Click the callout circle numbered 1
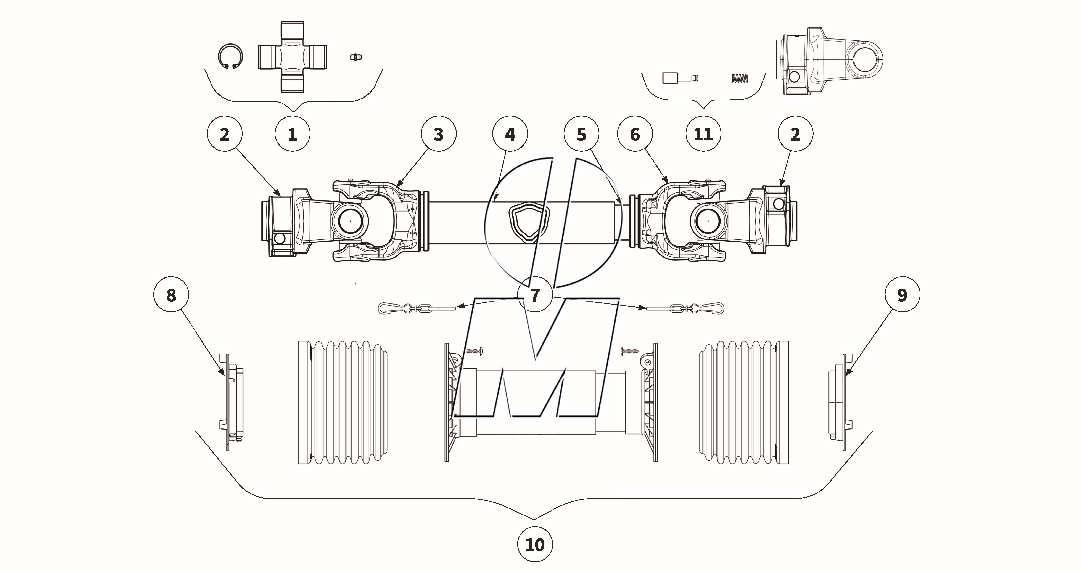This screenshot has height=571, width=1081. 293,134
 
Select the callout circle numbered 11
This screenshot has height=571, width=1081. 703,134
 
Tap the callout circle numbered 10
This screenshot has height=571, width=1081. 535,545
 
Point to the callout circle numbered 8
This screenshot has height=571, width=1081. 171,295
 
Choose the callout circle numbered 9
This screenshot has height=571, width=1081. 902,295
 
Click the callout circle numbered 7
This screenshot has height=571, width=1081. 535,295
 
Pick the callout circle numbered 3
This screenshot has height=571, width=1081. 439,134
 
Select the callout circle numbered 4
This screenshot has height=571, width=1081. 510,134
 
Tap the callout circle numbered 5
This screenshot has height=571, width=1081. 581,134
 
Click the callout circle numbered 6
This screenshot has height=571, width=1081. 635,134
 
